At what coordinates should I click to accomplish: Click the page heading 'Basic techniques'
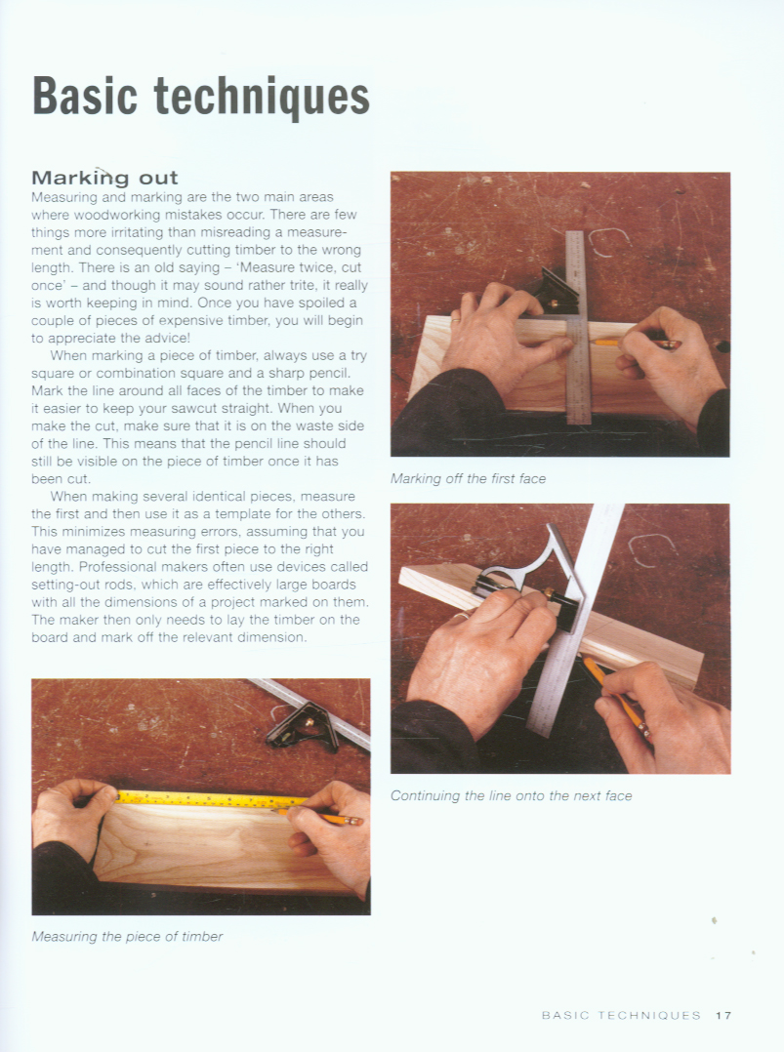coord(201,98)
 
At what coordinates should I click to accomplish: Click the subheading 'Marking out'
coord(104,178)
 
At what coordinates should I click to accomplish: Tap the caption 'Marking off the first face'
coord(468,479)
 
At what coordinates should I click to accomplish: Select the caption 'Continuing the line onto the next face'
coord(511,796)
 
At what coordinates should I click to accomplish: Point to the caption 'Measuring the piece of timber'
coord(127,937)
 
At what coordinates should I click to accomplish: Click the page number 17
coord(722,1015)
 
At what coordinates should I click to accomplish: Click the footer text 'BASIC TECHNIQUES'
coord(621,1015)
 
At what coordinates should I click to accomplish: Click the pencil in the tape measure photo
coord(319,817)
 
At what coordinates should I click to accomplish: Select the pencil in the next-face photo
coord(615,697)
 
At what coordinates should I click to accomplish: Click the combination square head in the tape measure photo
coord(304,727)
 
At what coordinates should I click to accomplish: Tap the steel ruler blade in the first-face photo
coord(577,328)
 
